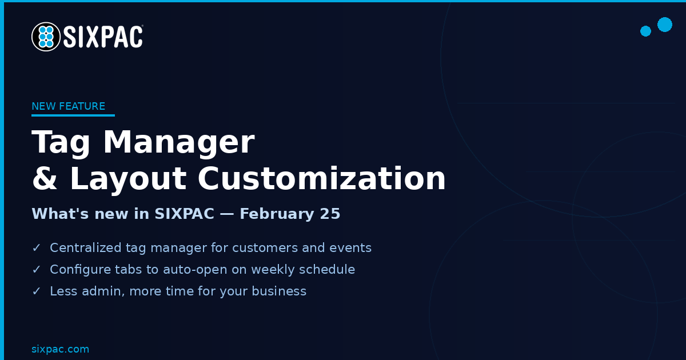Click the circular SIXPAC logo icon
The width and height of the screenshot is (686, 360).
tap(46, 37)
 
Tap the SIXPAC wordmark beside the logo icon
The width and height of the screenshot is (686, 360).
tap(103, 37)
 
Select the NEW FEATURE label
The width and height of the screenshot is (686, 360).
tap(68, 106)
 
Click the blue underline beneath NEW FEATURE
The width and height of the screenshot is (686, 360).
tap(73, 115)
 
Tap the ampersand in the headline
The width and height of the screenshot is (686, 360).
tap(45, 178)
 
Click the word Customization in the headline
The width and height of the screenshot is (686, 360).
tap(321, 178)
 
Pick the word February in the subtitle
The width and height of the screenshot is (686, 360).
tap(277, 214)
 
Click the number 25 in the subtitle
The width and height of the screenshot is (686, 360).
tap(330, 214)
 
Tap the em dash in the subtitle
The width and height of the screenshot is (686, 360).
tap(226, 214)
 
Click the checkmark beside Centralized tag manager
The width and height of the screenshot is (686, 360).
tap(37, 247)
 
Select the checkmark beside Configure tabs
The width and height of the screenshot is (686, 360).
tap(37, 269)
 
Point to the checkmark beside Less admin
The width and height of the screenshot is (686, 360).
tap(37, 291)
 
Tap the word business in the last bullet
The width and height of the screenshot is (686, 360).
tap(279, 291)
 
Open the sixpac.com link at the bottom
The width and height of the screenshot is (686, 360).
tap(61, 349)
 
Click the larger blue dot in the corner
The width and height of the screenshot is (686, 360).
tap(664, 25)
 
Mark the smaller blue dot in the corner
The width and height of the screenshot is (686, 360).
tap(645, 31)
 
